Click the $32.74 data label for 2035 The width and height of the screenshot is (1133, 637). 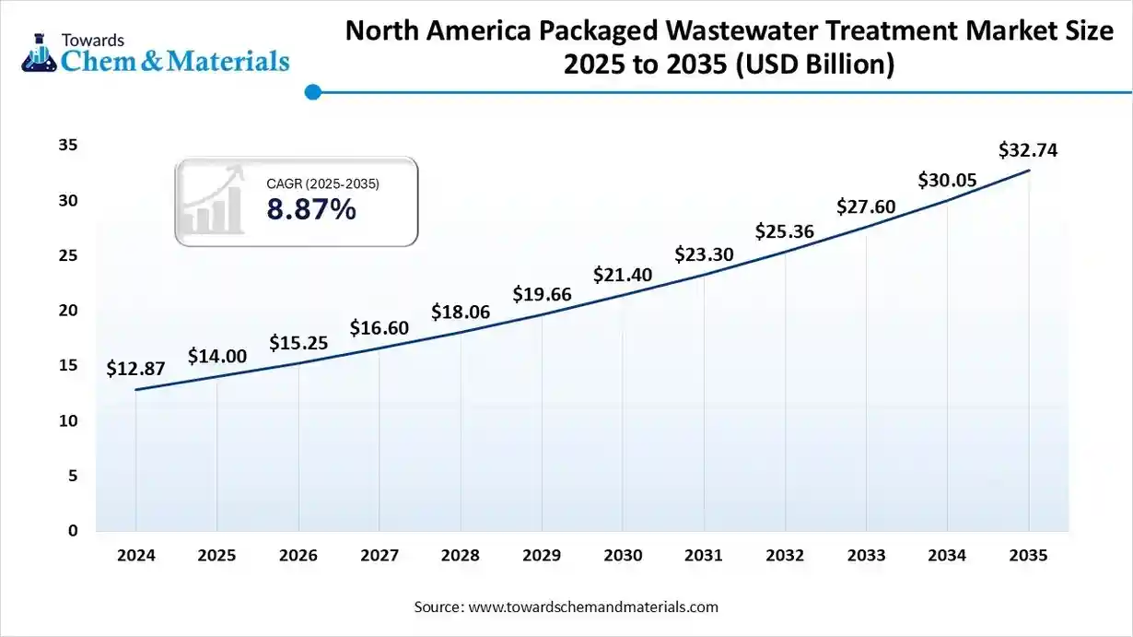coord(1028,150)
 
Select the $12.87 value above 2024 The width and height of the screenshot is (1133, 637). coord(135,369)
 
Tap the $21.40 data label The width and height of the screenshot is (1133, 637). coord(623,274)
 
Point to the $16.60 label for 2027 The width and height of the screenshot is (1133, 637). coord(379,327)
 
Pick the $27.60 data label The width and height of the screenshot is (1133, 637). coord(865,206)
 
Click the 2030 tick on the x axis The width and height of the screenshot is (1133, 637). coord(623,556)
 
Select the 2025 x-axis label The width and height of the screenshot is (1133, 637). coord(216,556)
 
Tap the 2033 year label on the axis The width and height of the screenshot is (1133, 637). coord(866,556)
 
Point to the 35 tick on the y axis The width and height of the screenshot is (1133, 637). coord(67,146)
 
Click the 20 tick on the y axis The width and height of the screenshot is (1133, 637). coord(67,311)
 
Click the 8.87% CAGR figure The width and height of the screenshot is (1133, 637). coord(311,210)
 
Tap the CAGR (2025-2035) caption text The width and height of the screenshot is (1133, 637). coord(322,183)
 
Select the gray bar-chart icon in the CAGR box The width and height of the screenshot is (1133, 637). coord(213,201)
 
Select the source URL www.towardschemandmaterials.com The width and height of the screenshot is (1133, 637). coord(593,607)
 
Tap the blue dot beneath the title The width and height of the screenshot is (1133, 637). coord(312,92)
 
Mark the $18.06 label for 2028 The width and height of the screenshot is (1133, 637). coord(461,313)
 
